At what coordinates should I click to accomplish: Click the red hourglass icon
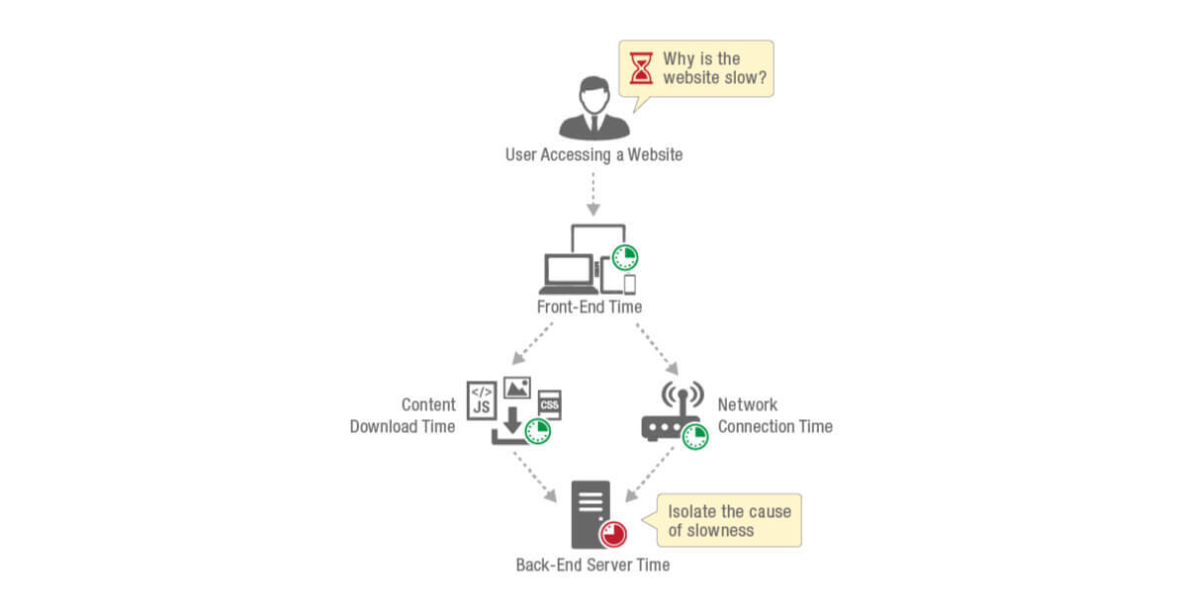pos(643,68)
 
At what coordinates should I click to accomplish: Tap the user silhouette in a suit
pos(593,110)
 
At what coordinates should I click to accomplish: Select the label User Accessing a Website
pos(593,155)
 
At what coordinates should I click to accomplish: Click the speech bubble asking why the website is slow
pos(696,68)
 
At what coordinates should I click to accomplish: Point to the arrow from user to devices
pos(593,195)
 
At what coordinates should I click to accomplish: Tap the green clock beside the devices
pos(624,258)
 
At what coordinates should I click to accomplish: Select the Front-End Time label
pos(590,306)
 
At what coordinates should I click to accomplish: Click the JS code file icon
pos(482,399)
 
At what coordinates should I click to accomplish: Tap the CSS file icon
pos(549,405)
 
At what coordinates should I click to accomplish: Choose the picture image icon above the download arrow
pos(517,387)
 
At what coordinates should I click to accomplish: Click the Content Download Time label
pos(403,415)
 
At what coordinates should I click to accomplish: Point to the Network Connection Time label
pos(775,415)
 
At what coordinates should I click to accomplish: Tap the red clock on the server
pos(613,534)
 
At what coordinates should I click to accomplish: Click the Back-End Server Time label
pos(592,566)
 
